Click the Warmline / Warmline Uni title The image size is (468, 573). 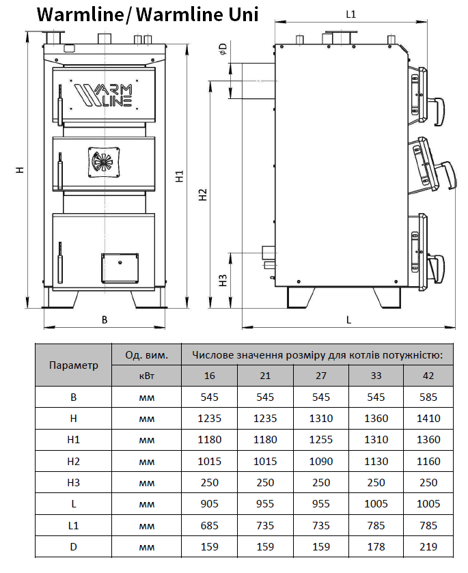coord(147,14)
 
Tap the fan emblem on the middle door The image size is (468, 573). coord(105,161)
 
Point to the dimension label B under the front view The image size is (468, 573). coord(105,319)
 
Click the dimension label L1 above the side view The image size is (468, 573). coord(351,14)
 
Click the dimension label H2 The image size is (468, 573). coord(203,195)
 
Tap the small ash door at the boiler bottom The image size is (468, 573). coord(120,268)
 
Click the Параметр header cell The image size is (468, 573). coord(74,365)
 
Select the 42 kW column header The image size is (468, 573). coord(428,376)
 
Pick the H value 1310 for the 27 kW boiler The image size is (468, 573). coord(321,419)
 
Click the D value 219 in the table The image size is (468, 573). coord(428,547)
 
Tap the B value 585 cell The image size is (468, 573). coord(428,397)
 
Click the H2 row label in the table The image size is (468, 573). coord(74,462)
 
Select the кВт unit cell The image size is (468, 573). coord(146,376)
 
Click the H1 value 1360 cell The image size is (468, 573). coord(428,440)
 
